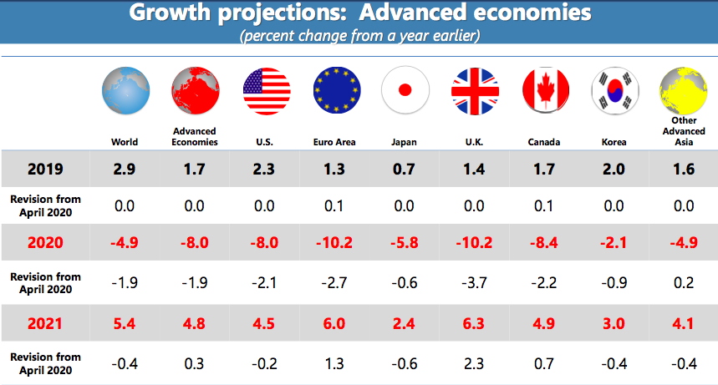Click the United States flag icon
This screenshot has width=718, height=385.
click(x=266, y=90)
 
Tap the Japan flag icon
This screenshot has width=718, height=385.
click(x=405, y=90)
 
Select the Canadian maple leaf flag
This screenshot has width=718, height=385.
click(x=545, y=90)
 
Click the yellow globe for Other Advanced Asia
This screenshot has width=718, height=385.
click(x=683, y=90)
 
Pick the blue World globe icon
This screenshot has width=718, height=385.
click(x=125, y=90)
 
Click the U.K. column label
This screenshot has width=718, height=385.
click(x=475, y=142)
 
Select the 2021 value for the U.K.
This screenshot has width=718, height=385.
click(x=475, y=322)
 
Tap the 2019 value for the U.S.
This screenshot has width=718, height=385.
click(x=266, y=170)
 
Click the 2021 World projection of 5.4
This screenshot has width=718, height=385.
click(x=125, y=322)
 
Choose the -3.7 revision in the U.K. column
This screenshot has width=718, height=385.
click(x=475, y=281)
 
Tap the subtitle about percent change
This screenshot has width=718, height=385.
click(x=359, y=37)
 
